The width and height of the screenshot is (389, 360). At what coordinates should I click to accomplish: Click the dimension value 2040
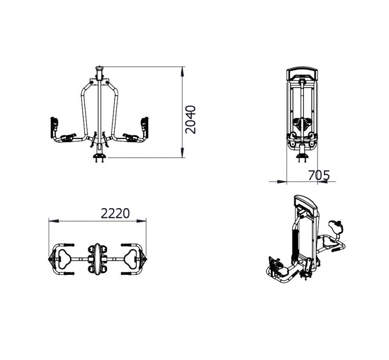click(191, 120)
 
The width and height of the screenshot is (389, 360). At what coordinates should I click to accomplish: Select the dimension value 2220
click(115, 213)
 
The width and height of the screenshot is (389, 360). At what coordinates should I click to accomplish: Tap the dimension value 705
click(319, 175)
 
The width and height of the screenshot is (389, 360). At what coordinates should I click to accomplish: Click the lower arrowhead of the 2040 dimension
click(183, 153)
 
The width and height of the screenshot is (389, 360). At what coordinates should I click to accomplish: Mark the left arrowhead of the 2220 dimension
click(53, 220)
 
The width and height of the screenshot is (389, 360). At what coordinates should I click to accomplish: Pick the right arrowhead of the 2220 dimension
click(141, 220)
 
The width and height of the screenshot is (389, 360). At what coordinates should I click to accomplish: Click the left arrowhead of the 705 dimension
click(282, 182)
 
